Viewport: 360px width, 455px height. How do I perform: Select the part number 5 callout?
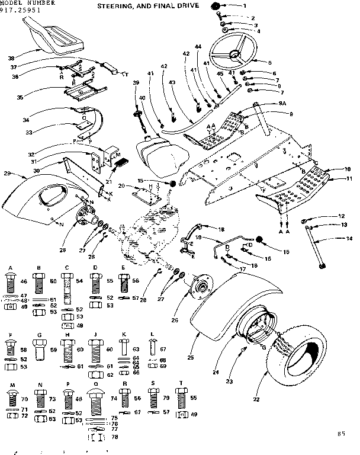coord(269,62)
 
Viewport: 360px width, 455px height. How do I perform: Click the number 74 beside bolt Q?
coord(114,399)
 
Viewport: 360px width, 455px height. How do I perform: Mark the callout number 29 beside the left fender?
coord(8,173)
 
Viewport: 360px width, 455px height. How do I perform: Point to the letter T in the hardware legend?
coord(181,384)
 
